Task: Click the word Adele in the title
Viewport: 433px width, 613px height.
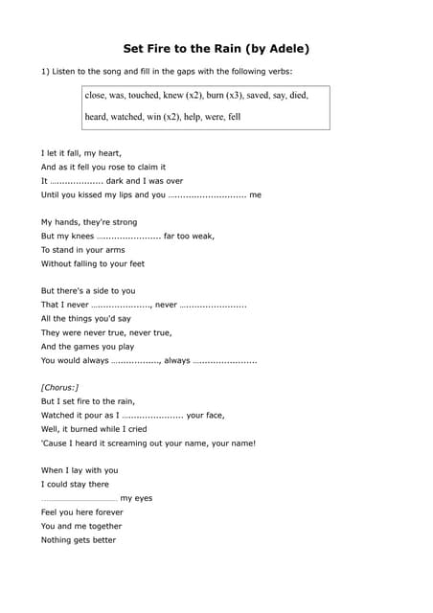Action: tap(281, 48)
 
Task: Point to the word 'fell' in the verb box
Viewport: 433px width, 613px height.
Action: tap(235, 117)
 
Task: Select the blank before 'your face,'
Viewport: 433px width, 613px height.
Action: tap(152, 416)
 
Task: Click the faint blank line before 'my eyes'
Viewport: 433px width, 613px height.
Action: tap(79, 499)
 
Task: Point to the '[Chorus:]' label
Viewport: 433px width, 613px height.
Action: tap(60, 387)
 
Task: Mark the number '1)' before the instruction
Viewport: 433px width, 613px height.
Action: tap(45, 72)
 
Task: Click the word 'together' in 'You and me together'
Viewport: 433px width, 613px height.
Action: tap(104, 526)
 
